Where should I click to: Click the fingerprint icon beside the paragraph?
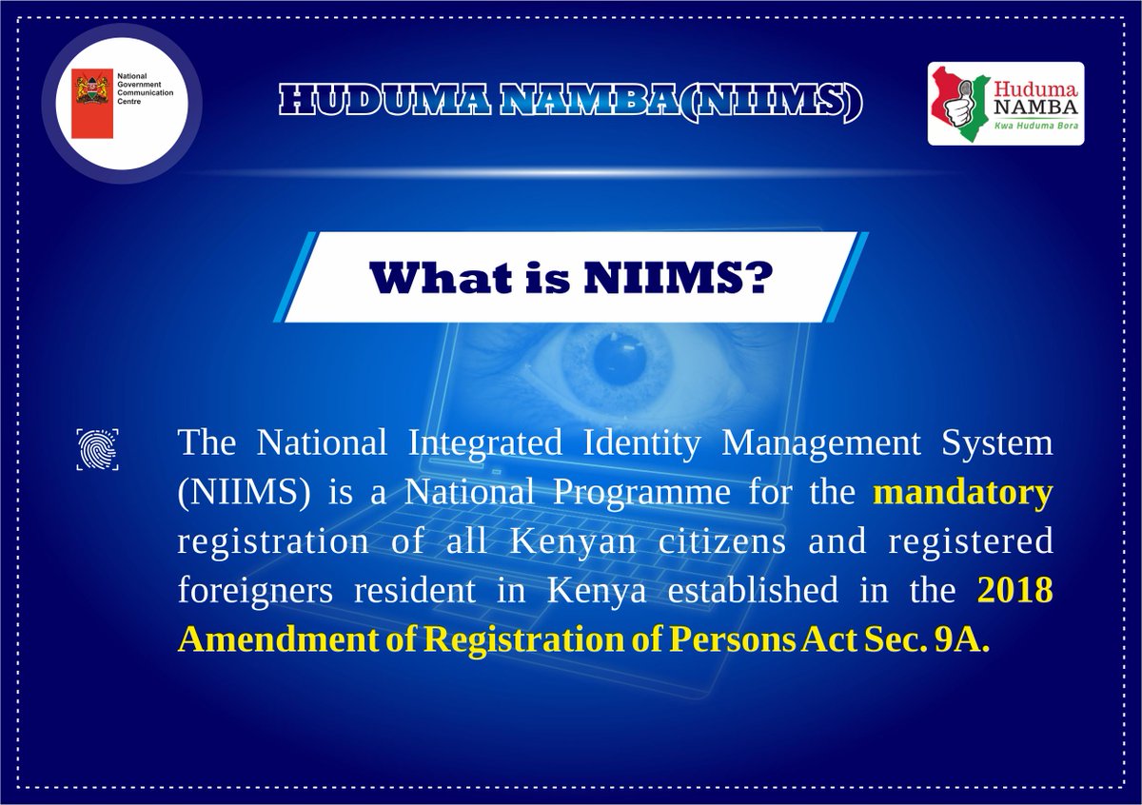[97, 449]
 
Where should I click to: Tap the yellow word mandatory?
[963, 493]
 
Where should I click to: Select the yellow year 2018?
[1015, 589]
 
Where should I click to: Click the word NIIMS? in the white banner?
[676, 279]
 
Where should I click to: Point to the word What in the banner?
[442, 279]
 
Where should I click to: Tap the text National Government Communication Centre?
[145, 88]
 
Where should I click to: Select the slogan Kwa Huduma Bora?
[1036, 126]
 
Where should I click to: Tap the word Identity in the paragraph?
[641, 443]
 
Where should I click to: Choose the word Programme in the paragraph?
[641, 493]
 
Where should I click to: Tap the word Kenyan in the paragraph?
[573, 542]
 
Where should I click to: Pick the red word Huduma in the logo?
[1035, 90]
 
